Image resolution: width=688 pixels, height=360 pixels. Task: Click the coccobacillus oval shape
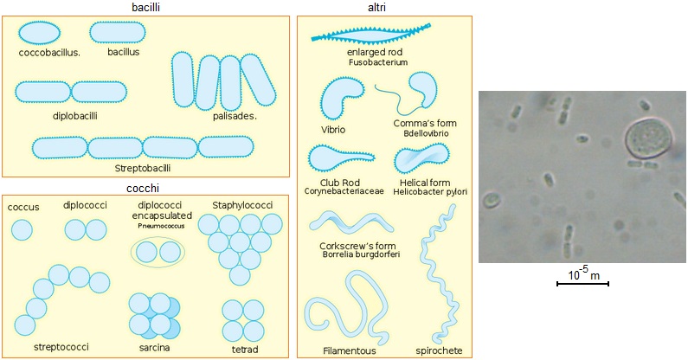(x=40, y=32)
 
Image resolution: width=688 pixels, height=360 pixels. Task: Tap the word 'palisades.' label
(x=235, y=116)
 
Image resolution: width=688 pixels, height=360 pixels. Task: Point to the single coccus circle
(x=21, y=230)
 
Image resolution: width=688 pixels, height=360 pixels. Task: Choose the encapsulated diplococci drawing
(x=157, y=252)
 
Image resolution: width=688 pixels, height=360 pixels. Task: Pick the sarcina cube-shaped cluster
(x=155, y=315)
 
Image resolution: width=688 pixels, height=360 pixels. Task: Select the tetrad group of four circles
(x=241, y=321)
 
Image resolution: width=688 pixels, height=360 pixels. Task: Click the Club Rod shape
(x=338, y=157)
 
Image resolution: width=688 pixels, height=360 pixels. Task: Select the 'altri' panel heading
(x=376, y=8)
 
